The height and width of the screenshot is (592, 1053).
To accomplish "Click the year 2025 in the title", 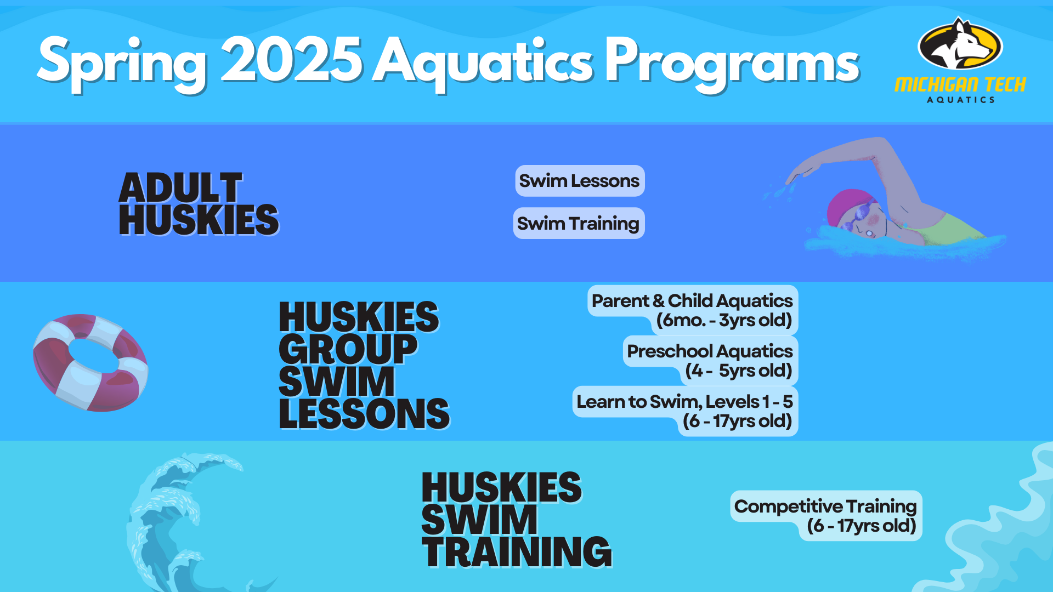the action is click(291, 60).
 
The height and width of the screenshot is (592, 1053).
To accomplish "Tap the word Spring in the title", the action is click(122, 63).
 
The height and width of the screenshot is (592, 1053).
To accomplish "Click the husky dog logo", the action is click(960, 43).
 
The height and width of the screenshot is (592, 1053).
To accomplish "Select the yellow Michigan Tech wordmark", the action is click(960, 84).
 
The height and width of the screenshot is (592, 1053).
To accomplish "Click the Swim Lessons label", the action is click(580, 181).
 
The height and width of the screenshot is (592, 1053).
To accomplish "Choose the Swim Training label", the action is click(579, 224).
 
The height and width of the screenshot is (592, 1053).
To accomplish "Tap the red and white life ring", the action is click(90, 362).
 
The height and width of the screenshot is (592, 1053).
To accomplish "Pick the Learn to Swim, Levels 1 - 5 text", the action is click(684, 402).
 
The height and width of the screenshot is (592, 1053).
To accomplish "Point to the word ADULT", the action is click(180, 188).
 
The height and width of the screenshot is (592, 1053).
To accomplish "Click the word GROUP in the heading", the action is click(348, 349).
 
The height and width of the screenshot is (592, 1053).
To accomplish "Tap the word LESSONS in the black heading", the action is click(364, 414).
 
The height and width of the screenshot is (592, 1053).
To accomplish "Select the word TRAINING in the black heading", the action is click(517, 551).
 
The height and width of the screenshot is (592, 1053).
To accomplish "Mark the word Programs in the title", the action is click(732, 63).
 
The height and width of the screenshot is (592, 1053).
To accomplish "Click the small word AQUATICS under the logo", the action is click(961, 100).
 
